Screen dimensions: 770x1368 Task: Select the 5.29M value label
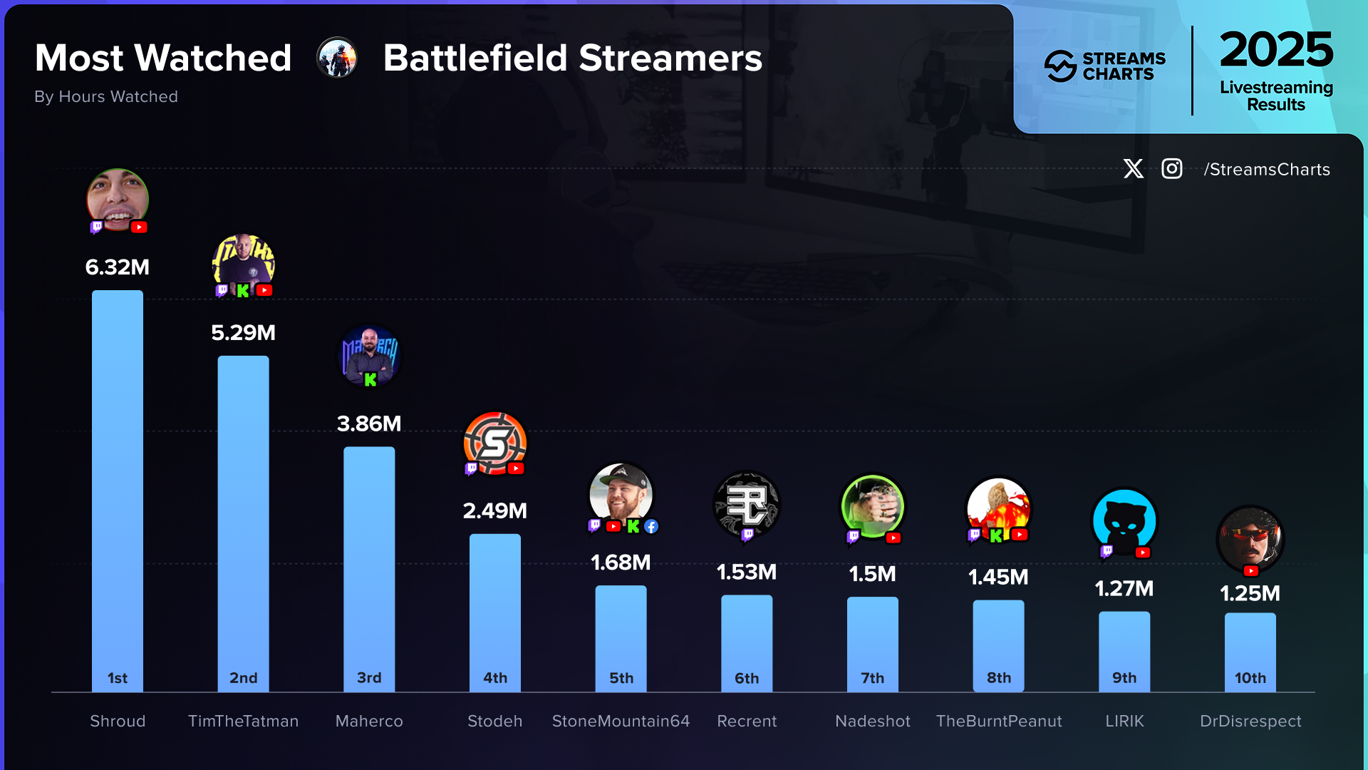click(243, 333)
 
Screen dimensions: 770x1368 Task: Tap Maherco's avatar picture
click(369, 354)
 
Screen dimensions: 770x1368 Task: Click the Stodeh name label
click(494, 721)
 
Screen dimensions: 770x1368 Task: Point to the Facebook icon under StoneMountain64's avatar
click(651, 526)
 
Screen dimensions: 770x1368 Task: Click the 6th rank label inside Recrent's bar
click(747, 678)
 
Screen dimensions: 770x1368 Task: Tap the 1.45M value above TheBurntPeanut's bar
click(998, 577)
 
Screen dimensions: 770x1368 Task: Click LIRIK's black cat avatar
click(1124, 520)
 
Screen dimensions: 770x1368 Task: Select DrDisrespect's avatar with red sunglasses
click(1250, 538)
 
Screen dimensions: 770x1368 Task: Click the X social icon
click(1133, 169)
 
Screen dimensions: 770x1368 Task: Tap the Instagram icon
click(1172, 169)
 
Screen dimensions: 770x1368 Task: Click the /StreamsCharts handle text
click(1267, 170)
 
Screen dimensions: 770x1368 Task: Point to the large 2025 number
click(1276, 50)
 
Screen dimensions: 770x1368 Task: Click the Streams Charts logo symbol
click(1060, 66)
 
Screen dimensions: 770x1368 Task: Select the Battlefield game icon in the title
click(337, 58)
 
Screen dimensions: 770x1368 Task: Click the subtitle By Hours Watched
click(106, 96)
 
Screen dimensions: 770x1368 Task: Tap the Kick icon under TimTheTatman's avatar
click(243, 291)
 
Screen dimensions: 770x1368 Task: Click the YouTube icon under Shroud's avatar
click(139, 227)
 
